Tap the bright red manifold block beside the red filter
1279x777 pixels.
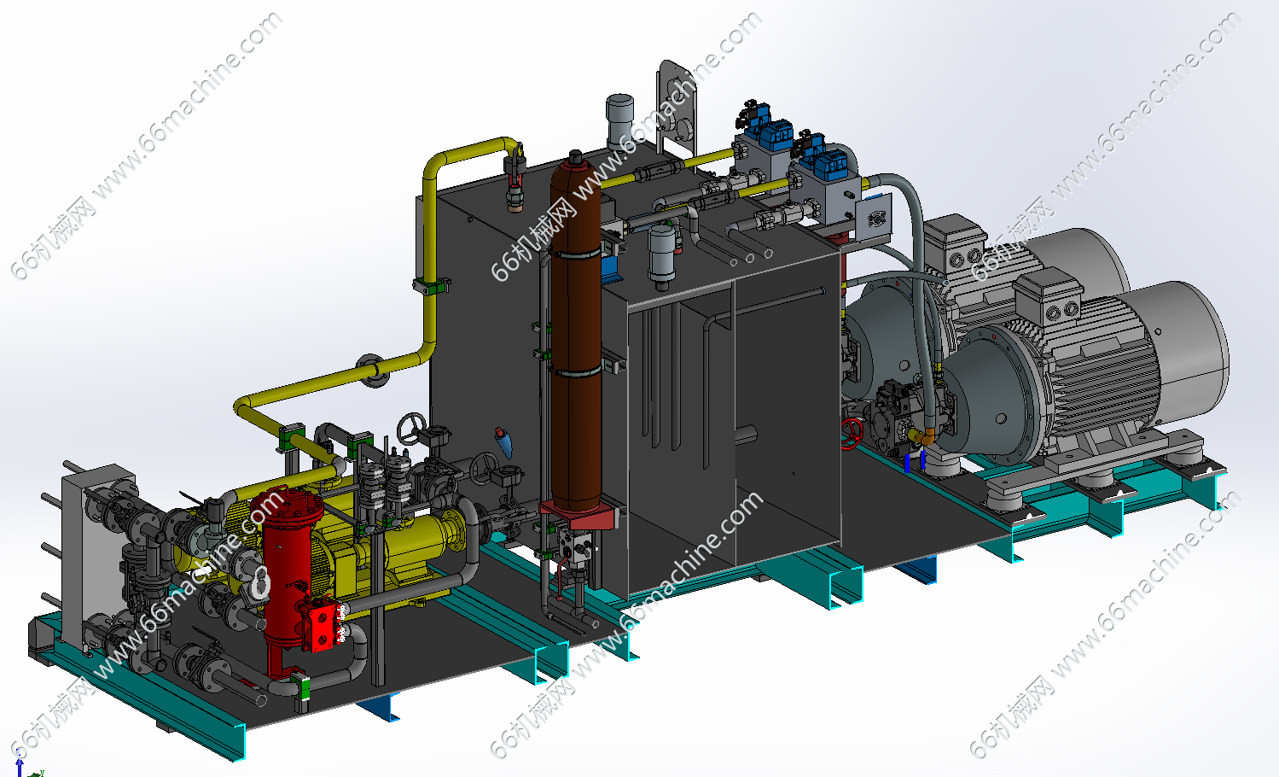click(325, 628)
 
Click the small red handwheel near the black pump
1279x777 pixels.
click(852, 434)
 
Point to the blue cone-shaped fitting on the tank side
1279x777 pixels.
click(503, 442)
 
